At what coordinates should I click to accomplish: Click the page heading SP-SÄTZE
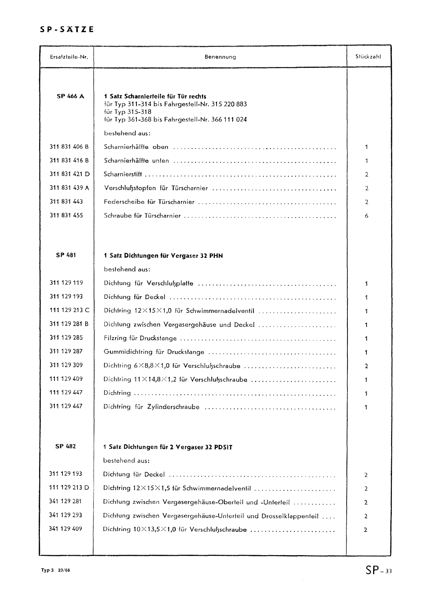click(x=67, y=30)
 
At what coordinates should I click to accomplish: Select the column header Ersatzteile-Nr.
click(x=69, y=57)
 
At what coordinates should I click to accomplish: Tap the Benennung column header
click(x=220, y=57)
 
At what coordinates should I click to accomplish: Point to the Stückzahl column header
click(x=368, y=57)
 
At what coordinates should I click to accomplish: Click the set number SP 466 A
click(x=70, y=97)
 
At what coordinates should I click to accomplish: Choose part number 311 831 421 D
click(x=69, y=174)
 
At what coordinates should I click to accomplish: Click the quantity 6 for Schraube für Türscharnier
click(x=367, y=216)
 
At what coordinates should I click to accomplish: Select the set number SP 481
click(x=66, y=255)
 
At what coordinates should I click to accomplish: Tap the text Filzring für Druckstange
click(x=140, y=339)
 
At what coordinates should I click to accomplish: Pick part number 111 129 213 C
click(x=69, y=310)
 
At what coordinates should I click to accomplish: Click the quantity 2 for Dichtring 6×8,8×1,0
click(x=366, y=366)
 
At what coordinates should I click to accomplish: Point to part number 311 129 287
click(x=66, y=351)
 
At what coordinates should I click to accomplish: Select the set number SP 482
click(x=66, y=446)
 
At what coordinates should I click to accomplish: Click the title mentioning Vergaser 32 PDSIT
click(x=168, y=447)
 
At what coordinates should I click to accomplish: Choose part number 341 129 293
click(x=66, y=515)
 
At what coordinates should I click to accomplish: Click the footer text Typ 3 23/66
click(x=56, y=570)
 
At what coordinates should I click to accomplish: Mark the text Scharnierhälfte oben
click(x=136, y=147)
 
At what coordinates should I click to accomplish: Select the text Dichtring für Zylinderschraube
click(x=151, y=407)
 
